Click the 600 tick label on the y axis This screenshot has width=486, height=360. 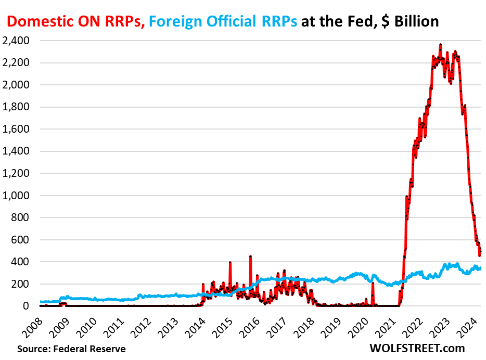[21, 240]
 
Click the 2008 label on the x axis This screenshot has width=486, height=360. [33, 323]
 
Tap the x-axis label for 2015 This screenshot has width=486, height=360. [222, 323]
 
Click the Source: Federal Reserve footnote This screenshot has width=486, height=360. [71, 349]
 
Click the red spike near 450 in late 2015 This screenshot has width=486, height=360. [250, 258]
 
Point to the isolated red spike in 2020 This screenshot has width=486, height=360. [373, 284]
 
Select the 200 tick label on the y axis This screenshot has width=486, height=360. [21, 284]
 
